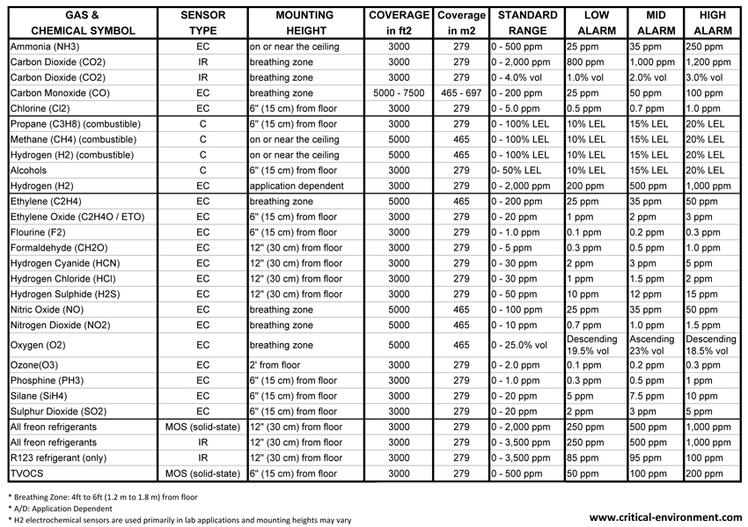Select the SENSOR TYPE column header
point(202,23)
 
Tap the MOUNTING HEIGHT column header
point(304,23)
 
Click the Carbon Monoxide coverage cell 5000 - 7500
point(399,93)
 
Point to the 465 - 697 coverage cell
point(462,93)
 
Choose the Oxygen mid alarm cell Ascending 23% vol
point(652,345)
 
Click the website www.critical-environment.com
point(665,517)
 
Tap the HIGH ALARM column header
point(711,23)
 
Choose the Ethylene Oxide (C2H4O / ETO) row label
point(77,216)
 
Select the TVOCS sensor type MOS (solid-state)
point(202,474)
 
